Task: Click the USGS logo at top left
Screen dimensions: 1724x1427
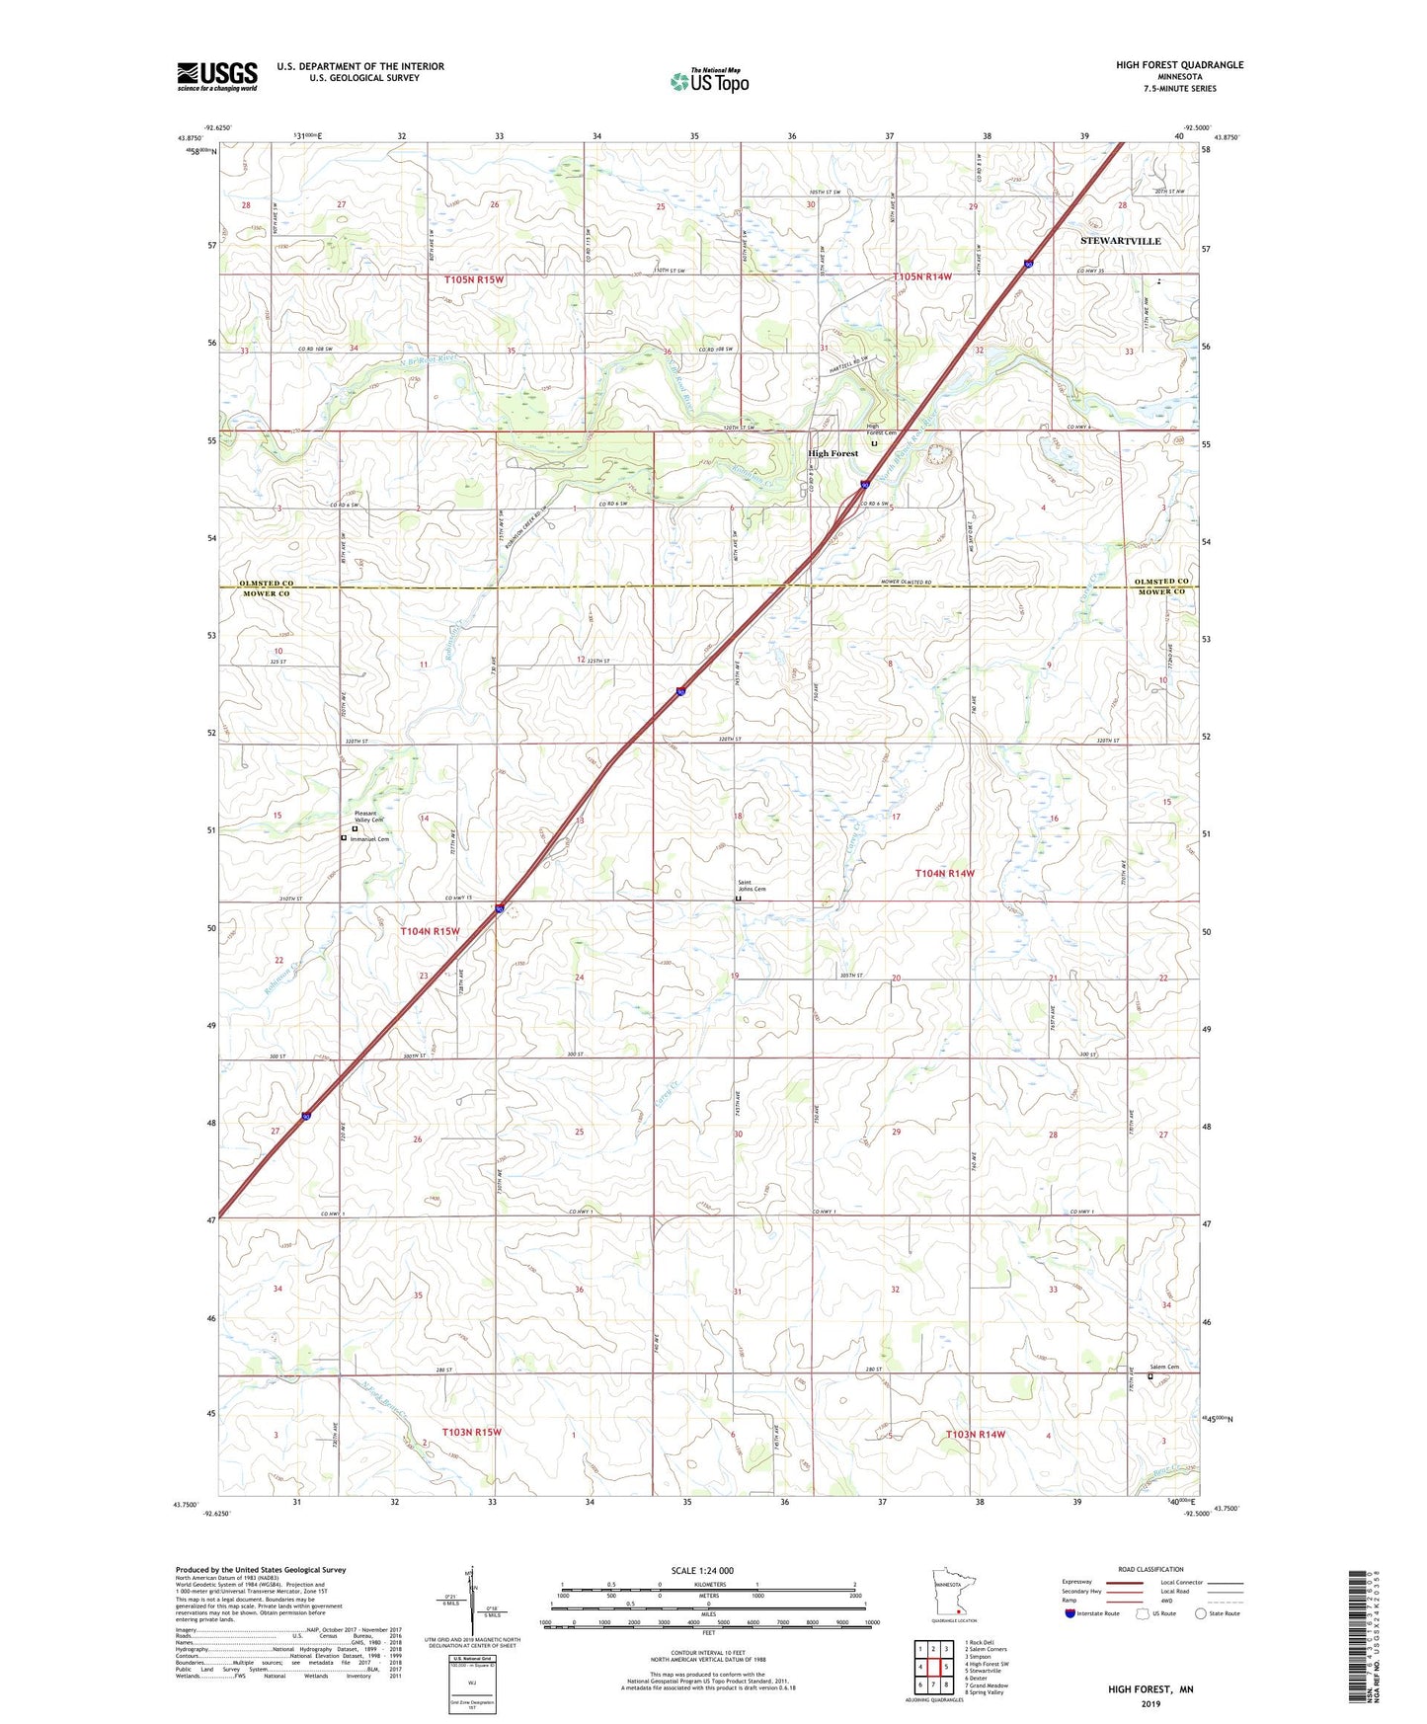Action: click(x=217, y=76)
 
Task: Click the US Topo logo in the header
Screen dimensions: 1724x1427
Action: click(x=709, y=80)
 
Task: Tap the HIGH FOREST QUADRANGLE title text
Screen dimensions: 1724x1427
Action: click(x=1179, y=65)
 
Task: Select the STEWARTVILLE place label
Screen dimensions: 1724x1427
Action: click(x=1120, y=241)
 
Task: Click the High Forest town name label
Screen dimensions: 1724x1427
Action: click(x=832, y=453)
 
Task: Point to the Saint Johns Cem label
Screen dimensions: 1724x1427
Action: click(x=752, y=886)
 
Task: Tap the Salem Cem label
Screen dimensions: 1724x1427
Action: click(x=1164, y=1368)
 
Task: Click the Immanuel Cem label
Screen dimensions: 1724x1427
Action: click(x=369, y=839)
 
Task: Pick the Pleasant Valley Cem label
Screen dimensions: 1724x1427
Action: click(x=368, y=817)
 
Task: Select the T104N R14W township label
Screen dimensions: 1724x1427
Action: click(x=944, y=873)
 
